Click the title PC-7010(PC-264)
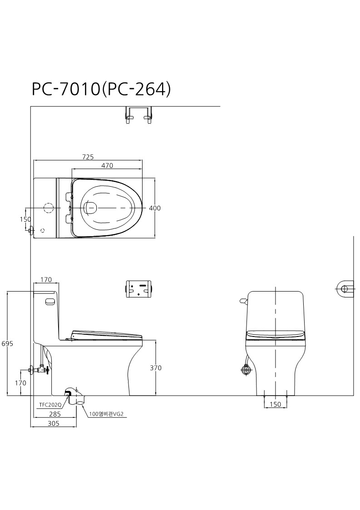point(101,89)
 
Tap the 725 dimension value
point(88,157)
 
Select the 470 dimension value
point(107,166)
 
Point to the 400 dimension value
point(155,208)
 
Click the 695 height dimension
point(7,343)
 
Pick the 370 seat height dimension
point(155,368)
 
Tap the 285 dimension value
point(54,414)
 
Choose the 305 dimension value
point(53,423)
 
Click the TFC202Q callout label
point(50,405)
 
